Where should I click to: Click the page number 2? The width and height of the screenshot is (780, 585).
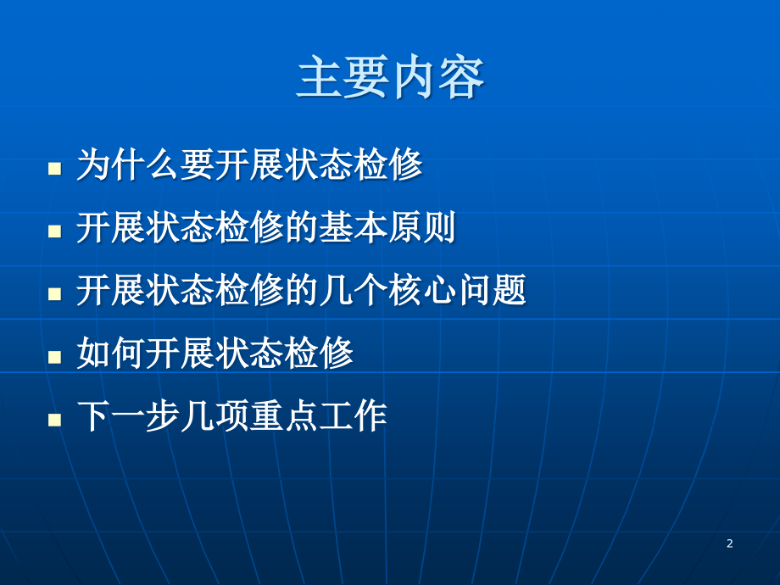click(x=729, y=543)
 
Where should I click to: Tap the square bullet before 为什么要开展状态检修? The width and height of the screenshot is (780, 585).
click(x=55, y=167)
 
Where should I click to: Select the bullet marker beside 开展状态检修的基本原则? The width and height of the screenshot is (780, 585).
click(x=55, y=230)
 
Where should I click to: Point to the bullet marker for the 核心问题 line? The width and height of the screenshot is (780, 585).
click(x=55, y=292)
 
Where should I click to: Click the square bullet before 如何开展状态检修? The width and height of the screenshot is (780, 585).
click(x=55, y=355)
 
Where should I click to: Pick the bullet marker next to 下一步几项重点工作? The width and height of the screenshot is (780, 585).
click(x=55, y=418)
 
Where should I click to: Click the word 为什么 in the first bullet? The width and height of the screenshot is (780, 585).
click(x=127, y=165)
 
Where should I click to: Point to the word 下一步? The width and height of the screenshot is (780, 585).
click(x=127, y=416)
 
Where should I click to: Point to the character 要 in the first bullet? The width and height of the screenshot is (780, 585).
click(x=197, y=165)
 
